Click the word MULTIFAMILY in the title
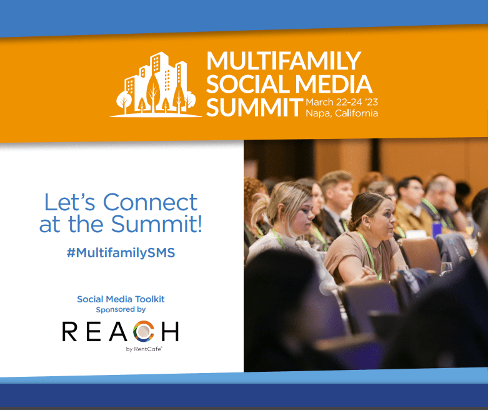[x=284, y=61]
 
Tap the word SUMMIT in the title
[x=255, y=107]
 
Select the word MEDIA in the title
[x=334, y=84]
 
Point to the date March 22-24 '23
[x=342, y=102]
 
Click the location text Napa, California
[x=342, y=113]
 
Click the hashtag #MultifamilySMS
[x=121, y=252]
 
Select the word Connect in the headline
[x=150, y=202]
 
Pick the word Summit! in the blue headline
[x=157, y=223]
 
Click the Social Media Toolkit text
[x=121, y=299]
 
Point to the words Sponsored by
[x=121, y=310]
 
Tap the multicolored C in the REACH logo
[x=144, y=331]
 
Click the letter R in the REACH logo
[x=69, y=331]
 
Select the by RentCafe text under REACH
[x=144, y=349]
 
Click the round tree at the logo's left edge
[x=124, y=100]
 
